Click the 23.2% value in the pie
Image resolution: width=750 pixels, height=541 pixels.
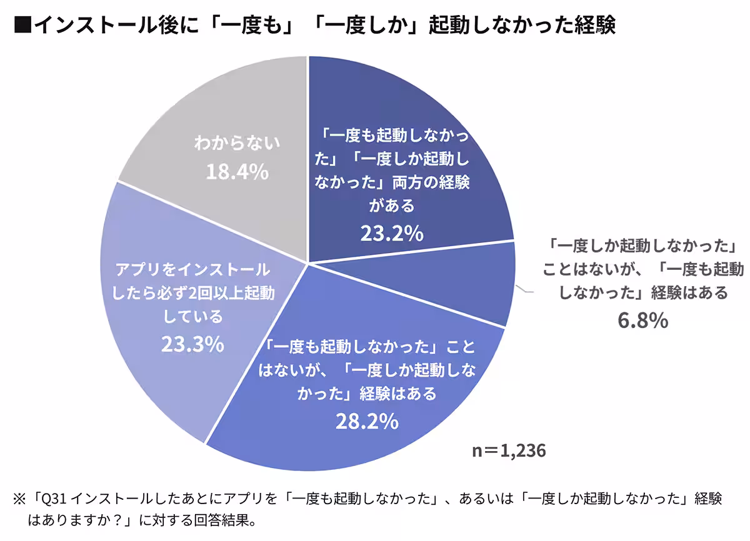tap(392, 233)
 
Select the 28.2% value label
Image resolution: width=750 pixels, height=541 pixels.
tap(367, 421)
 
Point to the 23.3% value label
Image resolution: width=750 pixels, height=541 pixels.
tap(192, 344)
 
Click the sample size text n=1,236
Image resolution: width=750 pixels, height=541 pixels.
tap(509, 450)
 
